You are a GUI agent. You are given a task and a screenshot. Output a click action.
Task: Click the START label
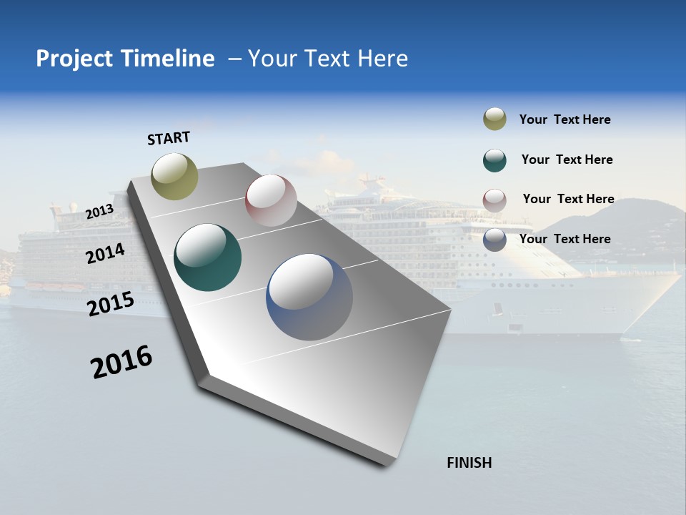[169, 137]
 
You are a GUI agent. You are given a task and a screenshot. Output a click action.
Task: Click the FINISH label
[469, 463]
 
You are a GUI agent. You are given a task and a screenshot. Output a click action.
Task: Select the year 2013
[99, 211]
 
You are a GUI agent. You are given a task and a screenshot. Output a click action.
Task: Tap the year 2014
[105, 253]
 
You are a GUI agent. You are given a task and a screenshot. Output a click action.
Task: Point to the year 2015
[111, 303]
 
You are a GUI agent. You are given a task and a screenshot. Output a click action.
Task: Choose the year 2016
[121, 362]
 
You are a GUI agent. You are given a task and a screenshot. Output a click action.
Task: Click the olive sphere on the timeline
[175, 176]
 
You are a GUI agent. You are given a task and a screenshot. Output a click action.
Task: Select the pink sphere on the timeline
[271, 200]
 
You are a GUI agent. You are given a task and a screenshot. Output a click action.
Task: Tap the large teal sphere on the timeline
[207, 257]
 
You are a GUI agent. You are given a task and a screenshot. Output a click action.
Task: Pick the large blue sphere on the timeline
[309, 297]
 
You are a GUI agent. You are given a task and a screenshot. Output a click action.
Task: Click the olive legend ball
[494, 119]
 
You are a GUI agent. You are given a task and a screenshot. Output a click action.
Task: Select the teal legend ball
[494, 160]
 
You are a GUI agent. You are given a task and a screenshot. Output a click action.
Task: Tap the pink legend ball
[494, 200]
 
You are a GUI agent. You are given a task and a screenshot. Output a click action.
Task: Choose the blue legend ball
[494, 240]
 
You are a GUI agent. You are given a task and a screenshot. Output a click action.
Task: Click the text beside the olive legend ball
[565, 119]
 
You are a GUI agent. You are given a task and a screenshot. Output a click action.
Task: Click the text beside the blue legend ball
[565, 239]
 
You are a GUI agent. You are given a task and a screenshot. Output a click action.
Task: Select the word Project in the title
[75, 59]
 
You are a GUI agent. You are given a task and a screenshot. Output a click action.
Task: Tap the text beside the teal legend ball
[567, 160]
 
